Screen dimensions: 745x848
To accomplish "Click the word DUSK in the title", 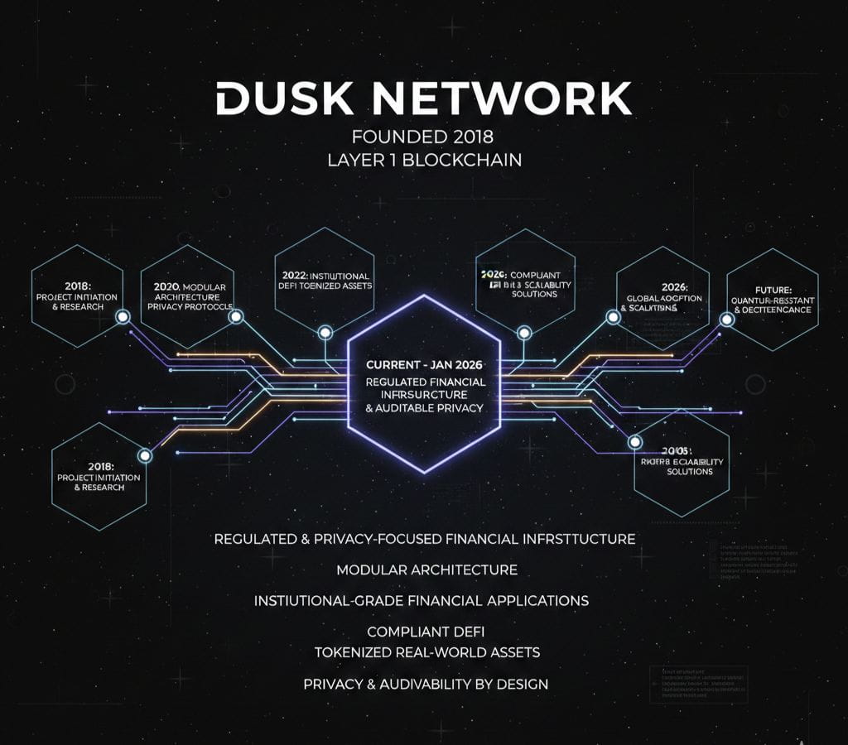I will tap(268, 99).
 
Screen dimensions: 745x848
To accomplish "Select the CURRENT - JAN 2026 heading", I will tap(424, 364).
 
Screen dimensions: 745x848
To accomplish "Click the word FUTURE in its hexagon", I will tap(773, 291).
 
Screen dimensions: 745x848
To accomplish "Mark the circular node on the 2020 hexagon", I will tap(235, 316).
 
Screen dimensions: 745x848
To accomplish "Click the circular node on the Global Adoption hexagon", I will tap(614, 315).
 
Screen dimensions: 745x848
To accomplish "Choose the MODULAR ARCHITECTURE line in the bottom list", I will tap(426, 570).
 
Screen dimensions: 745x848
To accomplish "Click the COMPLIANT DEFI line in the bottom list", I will tap(426, 632).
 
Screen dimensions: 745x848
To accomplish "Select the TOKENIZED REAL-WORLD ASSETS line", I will tap(426, 652).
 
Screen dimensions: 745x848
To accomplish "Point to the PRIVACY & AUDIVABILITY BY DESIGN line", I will tap(426, 684).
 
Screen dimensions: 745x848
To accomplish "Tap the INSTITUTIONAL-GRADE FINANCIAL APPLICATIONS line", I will tap(421, 600).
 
